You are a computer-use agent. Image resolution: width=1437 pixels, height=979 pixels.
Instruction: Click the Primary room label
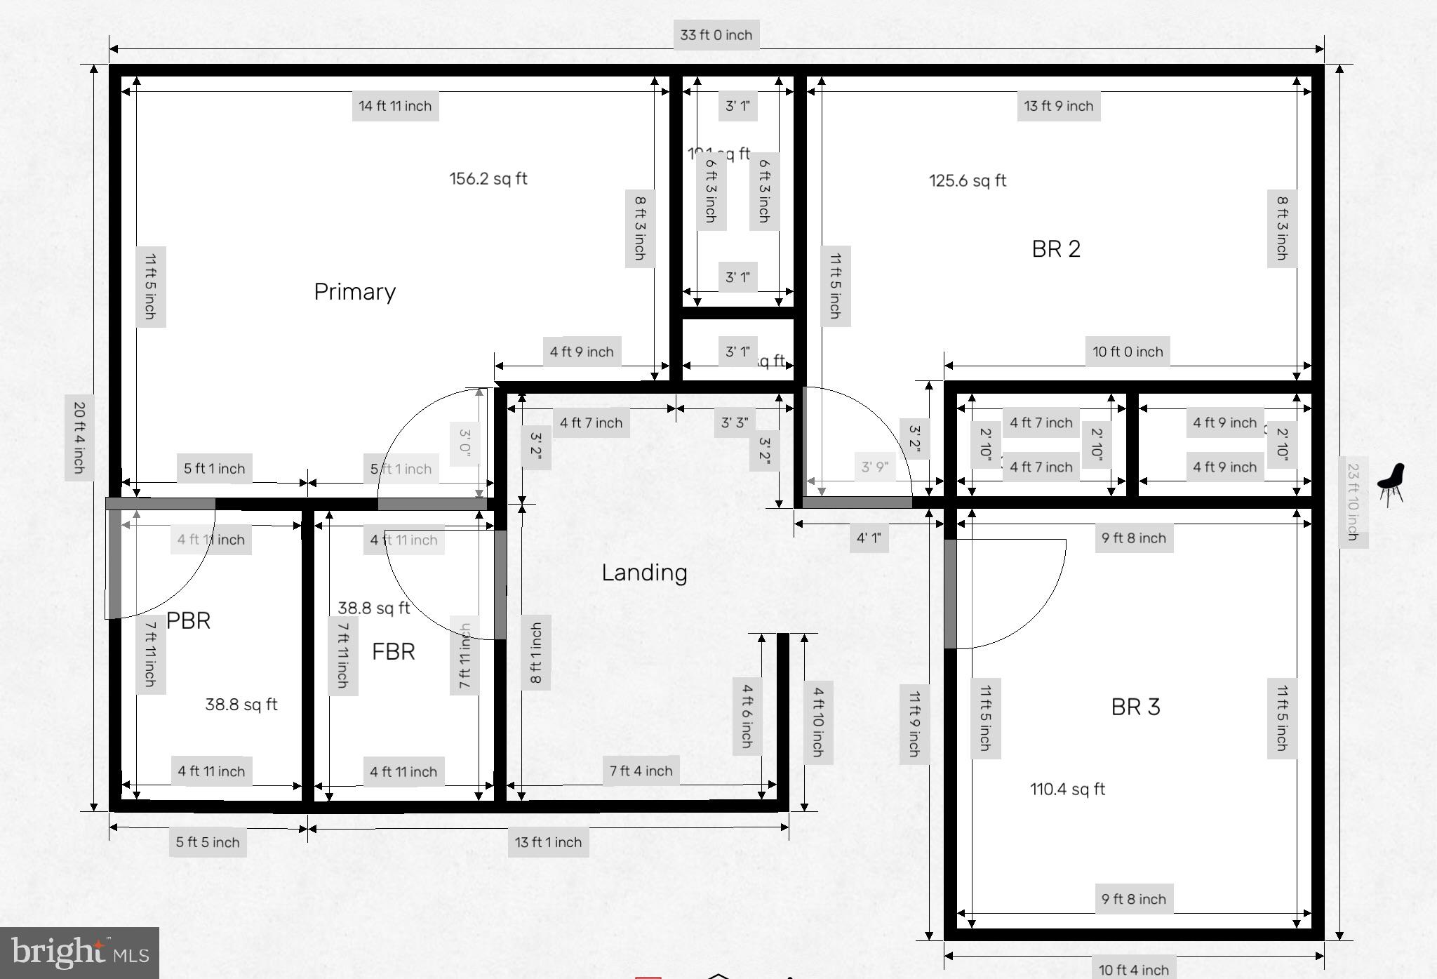click(354, 291)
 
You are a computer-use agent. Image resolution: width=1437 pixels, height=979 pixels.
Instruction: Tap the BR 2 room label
click(1055, 248)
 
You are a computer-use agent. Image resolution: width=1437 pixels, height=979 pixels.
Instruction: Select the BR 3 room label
click(1135, 707)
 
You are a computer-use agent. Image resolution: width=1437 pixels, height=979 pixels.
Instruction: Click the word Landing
click(644, 573)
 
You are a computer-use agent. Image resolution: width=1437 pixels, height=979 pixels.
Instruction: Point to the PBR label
click(188, 620)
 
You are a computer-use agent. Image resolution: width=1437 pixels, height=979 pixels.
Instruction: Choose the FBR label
click(393, 651)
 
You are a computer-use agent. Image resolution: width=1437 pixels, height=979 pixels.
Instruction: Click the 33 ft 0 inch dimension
click(716, 35)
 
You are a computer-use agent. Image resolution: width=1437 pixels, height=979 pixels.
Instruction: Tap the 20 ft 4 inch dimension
click(79, 437)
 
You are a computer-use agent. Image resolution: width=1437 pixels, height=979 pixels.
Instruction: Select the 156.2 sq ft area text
click(488, 178)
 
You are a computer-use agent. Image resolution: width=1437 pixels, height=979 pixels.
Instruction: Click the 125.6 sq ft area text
click(968, 180)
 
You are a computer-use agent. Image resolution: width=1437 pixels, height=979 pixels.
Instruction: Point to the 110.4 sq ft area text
click(1067, 789)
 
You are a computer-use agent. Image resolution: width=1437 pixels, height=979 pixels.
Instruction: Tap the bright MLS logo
click(79, 953)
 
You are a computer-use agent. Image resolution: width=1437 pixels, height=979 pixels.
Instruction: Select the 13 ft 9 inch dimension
click(1058, 106)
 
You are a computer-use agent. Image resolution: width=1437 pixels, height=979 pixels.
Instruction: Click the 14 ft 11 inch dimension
click(395, 106)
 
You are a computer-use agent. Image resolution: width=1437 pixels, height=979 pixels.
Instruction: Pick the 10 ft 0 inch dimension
click(1127, 352)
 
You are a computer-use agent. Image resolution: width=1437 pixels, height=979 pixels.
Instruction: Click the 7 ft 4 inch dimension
click(641, 771)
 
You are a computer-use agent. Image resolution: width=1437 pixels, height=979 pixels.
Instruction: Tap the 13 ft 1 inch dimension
click(548, 842)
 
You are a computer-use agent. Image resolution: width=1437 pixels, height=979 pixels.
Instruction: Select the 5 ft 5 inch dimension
click(208, 842)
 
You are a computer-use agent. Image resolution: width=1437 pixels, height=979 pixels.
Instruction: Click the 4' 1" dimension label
click(869, 538)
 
